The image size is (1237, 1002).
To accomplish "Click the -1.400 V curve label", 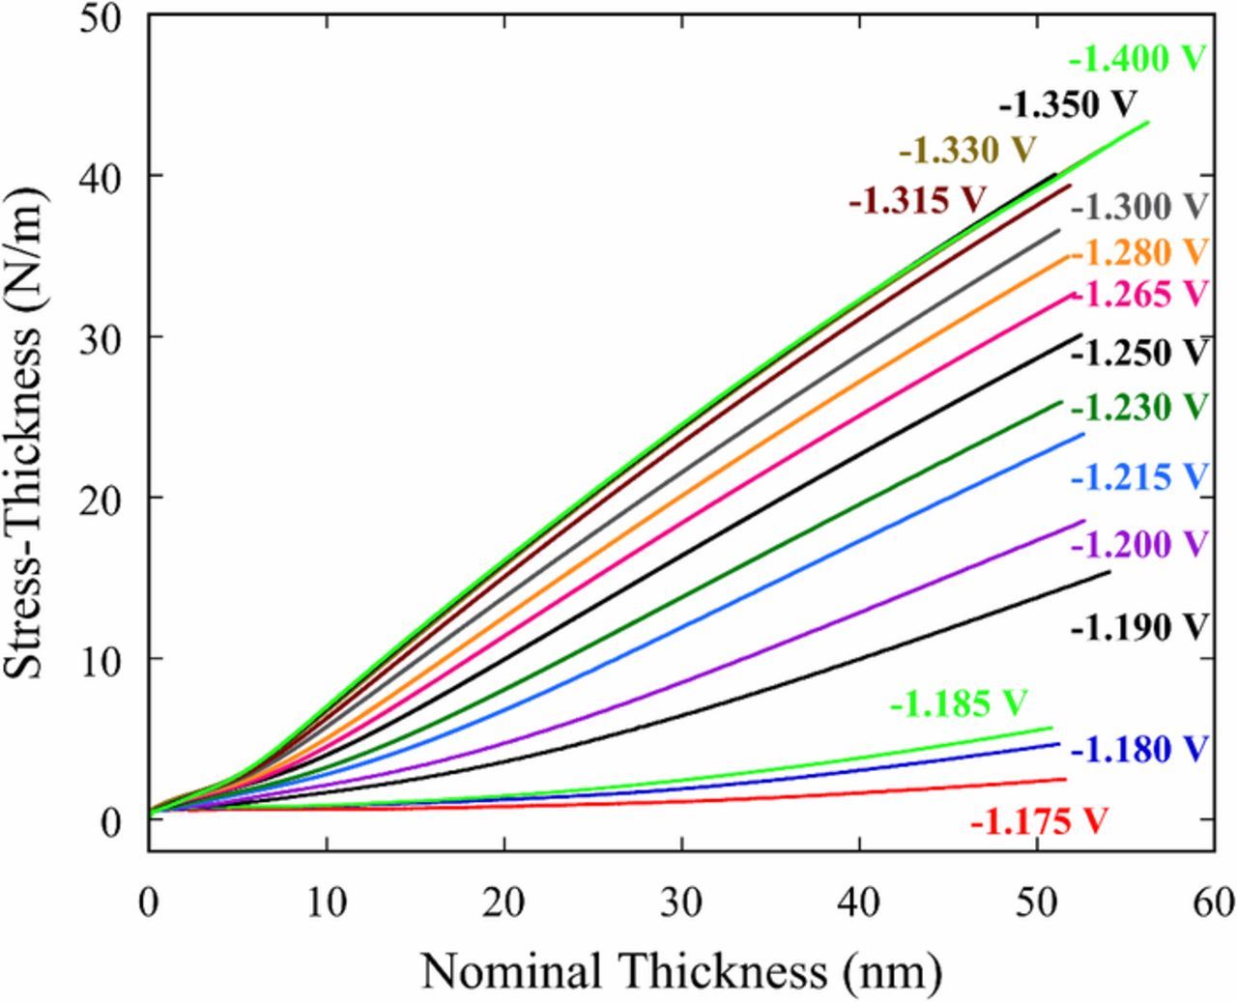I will click(x=1137, y=60).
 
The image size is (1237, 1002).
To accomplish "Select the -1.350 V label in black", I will click(x=1068, y=103).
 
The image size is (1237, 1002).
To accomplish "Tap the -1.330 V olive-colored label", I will click(x=967, y=151).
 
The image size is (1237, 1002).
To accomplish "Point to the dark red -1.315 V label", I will click(x=917, y=200).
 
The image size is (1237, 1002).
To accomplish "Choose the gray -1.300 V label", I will click(x=1139, y=207).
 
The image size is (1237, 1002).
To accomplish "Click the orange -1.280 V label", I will click(x=1139, y=252).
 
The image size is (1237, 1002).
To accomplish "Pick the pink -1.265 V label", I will click(x=1139, y=294).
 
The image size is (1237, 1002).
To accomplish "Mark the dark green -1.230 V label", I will click(x=1139, y=407).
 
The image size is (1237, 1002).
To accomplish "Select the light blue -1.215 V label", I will click(x=1139, y=476).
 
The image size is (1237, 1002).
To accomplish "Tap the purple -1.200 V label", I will click(x=1139, y=544).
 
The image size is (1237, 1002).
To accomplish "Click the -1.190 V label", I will click(x=1139, y=627).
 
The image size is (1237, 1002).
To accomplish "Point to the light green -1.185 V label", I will click(x=958, y=704).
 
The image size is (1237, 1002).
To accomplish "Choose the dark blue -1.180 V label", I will click(x=1139, y=749).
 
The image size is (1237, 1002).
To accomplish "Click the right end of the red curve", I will click(x=1065, y=779).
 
